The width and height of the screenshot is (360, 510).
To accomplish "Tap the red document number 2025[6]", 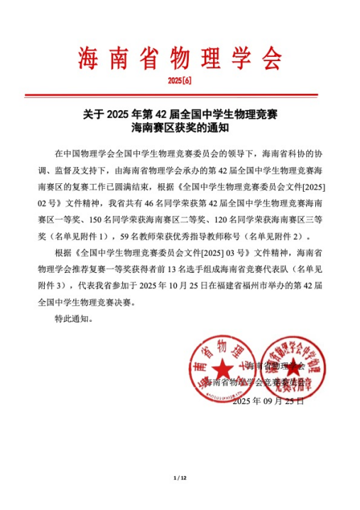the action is point(180,81).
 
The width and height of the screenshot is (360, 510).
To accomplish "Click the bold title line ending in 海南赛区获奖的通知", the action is point(180,129).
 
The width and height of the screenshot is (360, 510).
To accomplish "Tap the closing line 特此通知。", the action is point(74,319).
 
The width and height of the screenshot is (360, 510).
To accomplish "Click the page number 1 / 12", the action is point(180,477).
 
